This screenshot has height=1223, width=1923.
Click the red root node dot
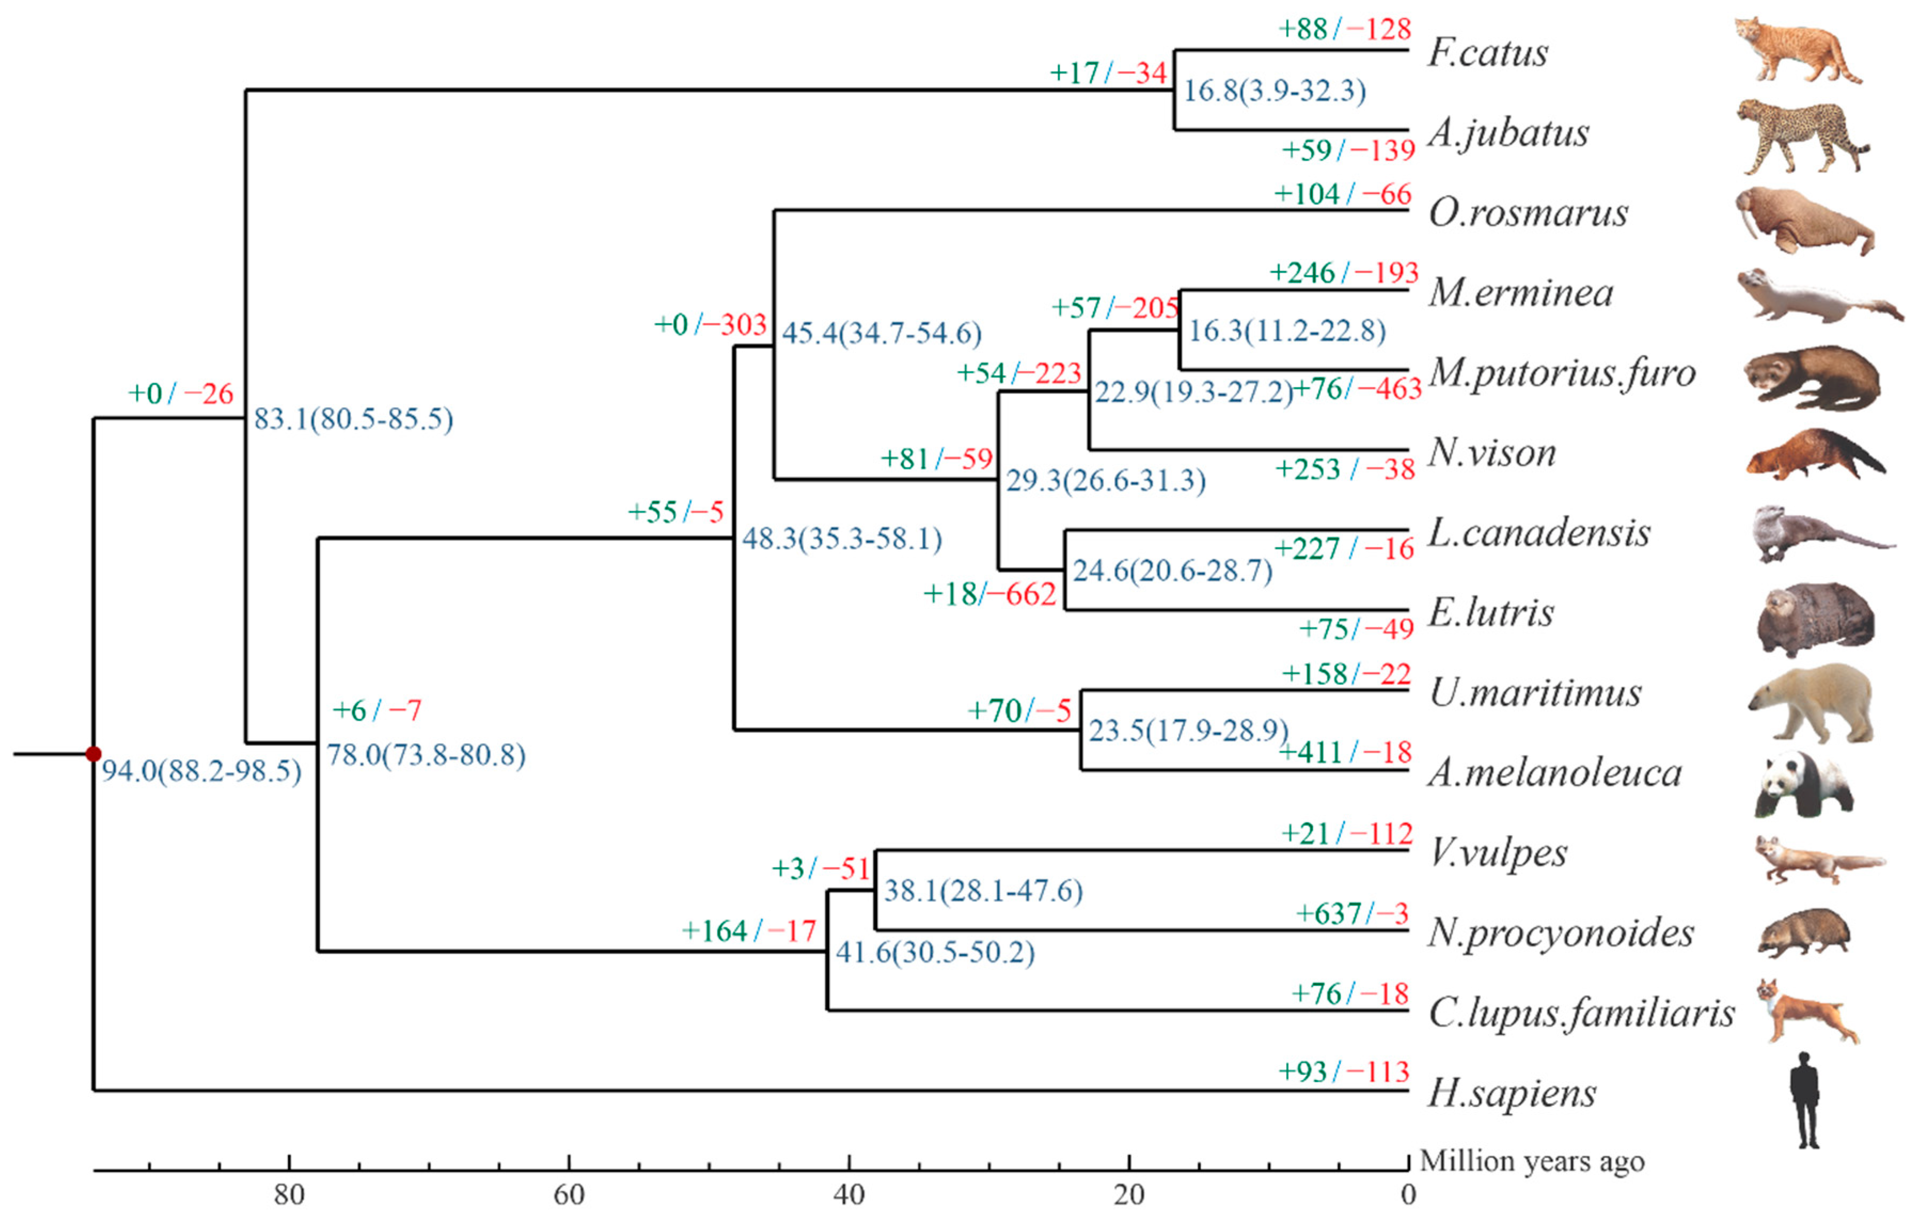93,753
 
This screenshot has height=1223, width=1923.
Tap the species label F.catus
1487,53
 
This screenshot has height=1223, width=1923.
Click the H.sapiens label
1511,1093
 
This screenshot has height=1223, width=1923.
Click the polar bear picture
1812,703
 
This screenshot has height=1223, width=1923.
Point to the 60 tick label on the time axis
569,1195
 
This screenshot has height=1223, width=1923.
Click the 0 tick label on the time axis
1408,1195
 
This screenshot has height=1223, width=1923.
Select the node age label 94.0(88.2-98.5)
201,771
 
